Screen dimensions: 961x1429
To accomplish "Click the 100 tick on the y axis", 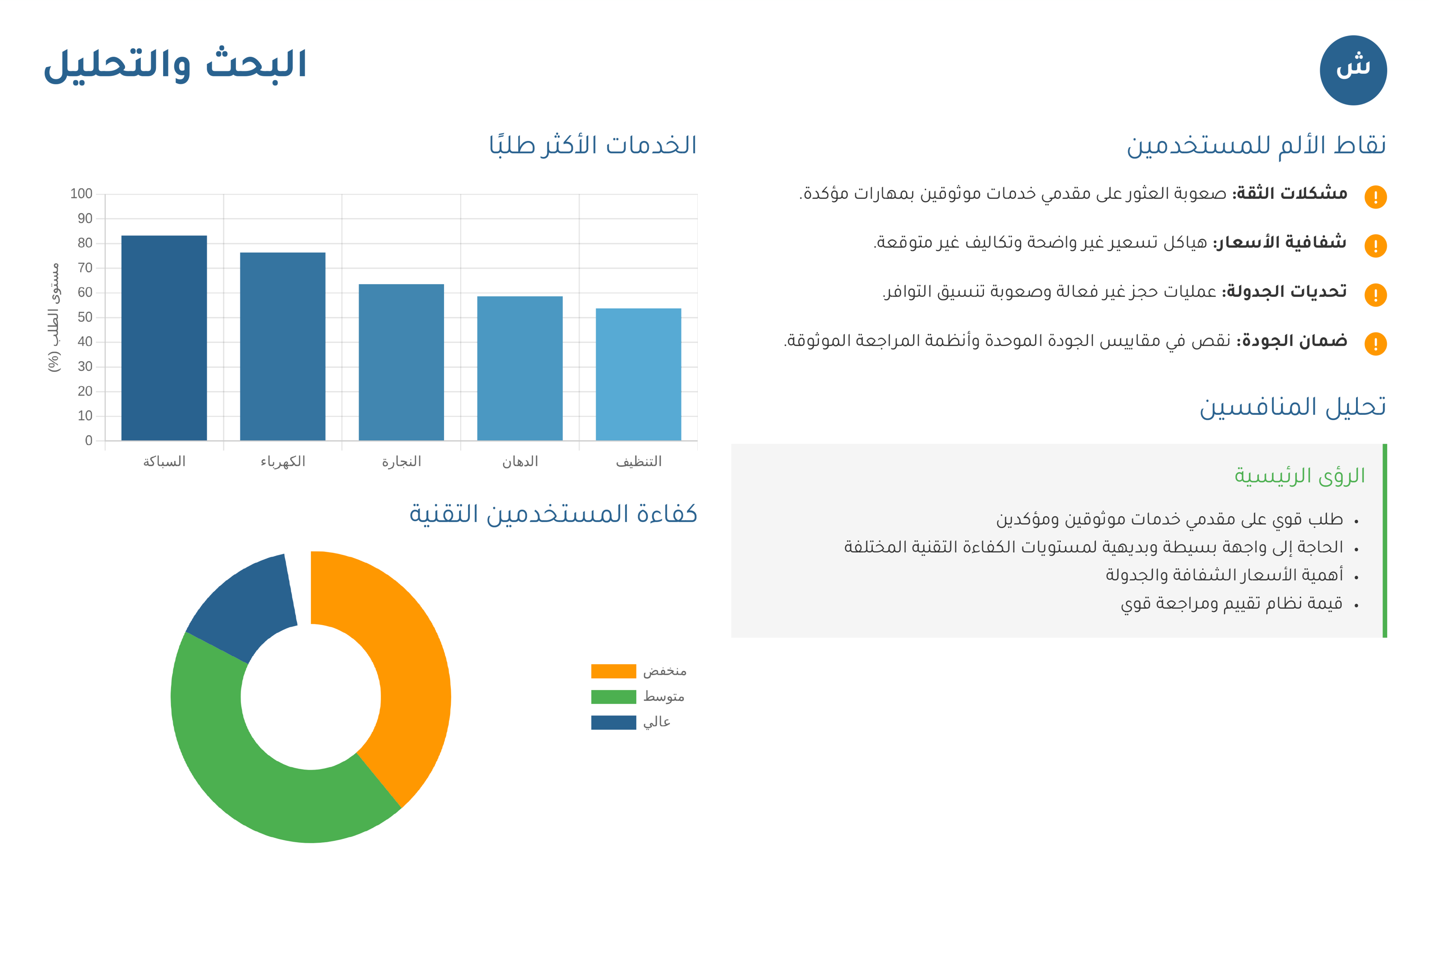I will pyautogui.click(x=81, y=194).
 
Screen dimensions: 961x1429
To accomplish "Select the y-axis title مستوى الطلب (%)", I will pyautogui.click(x=54, y=317).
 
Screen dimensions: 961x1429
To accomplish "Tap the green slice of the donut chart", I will pyautogui.click(x=257, y=772).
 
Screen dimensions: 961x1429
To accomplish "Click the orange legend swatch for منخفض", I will pyautogui.click(x=613, y=671).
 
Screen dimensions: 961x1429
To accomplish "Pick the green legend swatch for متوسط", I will pyautogui.click(x=613, y=697).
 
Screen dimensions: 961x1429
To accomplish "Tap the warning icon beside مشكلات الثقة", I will pyautogui.click(x=1375, y=197).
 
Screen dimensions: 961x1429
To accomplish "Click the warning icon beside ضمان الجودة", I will pyautogui.click(x=1375, y=344).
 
